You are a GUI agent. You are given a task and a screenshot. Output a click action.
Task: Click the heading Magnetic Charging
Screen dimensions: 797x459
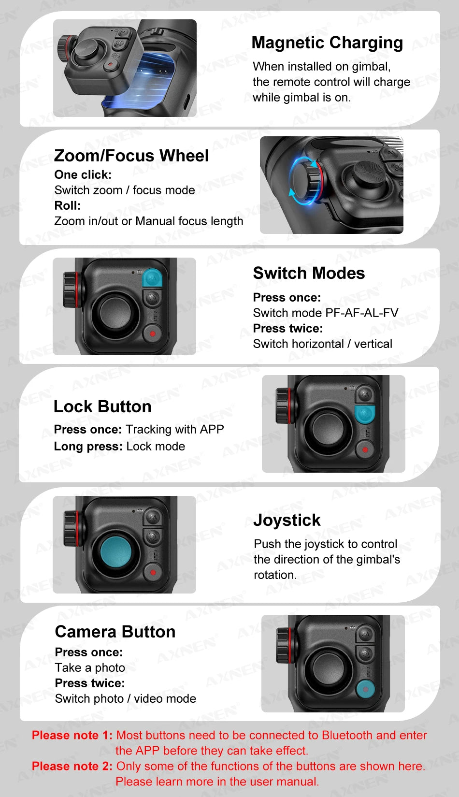327,43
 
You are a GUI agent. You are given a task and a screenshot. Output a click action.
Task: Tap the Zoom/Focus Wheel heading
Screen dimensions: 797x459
131,156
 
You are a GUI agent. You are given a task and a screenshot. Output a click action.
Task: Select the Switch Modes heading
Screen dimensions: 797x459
309,273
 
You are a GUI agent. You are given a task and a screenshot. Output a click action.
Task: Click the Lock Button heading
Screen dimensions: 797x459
102,406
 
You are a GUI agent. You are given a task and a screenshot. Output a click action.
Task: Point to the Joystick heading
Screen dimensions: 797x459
287,520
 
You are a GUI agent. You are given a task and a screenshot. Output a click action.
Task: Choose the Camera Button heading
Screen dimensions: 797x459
115,632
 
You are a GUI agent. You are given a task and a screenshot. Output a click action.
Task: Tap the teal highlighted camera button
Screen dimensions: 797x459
366,689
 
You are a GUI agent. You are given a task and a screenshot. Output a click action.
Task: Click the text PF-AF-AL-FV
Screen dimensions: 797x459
362,313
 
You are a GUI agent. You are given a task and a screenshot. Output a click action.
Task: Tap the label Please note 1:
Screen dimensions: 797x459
72,735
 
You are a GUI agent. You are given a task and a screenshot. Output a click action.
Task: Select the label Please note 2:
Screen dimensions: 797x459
72,766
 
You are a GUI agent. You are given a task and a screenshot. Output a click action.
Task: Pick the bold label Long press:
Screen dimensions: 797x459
88,446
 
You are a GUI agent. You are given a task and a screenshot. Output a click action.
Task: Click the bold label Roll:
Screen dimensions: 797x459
67,205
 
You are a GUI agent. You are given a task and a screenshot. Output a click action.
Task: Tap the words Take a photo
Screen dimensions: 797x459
90,667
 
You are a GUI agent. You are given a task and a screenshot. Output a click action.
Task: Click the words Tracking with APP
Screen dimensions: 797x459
175,429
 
